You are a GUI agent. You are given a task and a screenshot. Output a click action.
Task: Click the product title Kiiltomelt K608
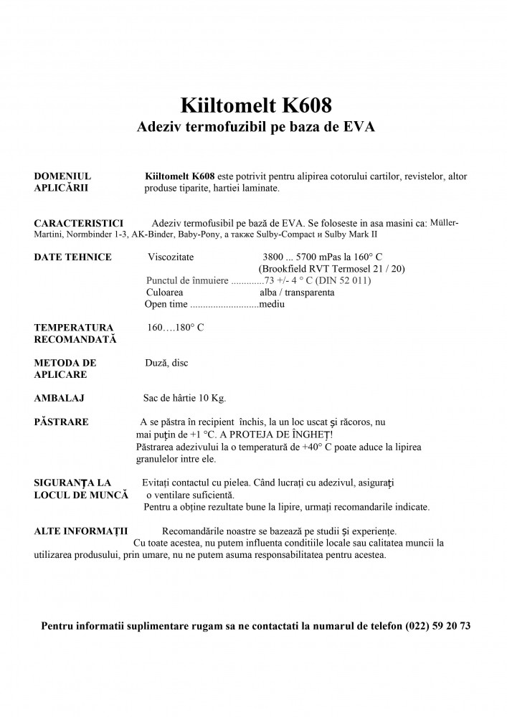coord(257,105)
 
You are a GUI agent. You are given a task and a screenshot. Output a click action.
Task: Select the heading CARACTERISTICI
coord(79,223)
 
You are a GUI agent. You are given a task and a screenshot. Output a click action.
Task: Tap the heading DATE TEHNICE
coord(73,257)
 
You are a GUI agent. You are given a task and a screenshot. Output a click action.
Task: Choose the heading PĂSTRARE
coord(62,422)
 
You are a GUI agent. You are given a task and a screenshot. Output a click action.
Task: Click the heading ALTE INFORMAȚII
coord(81,531)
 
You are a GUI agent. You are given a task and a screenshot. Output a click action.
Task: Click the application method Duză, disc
coord(166,363)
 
